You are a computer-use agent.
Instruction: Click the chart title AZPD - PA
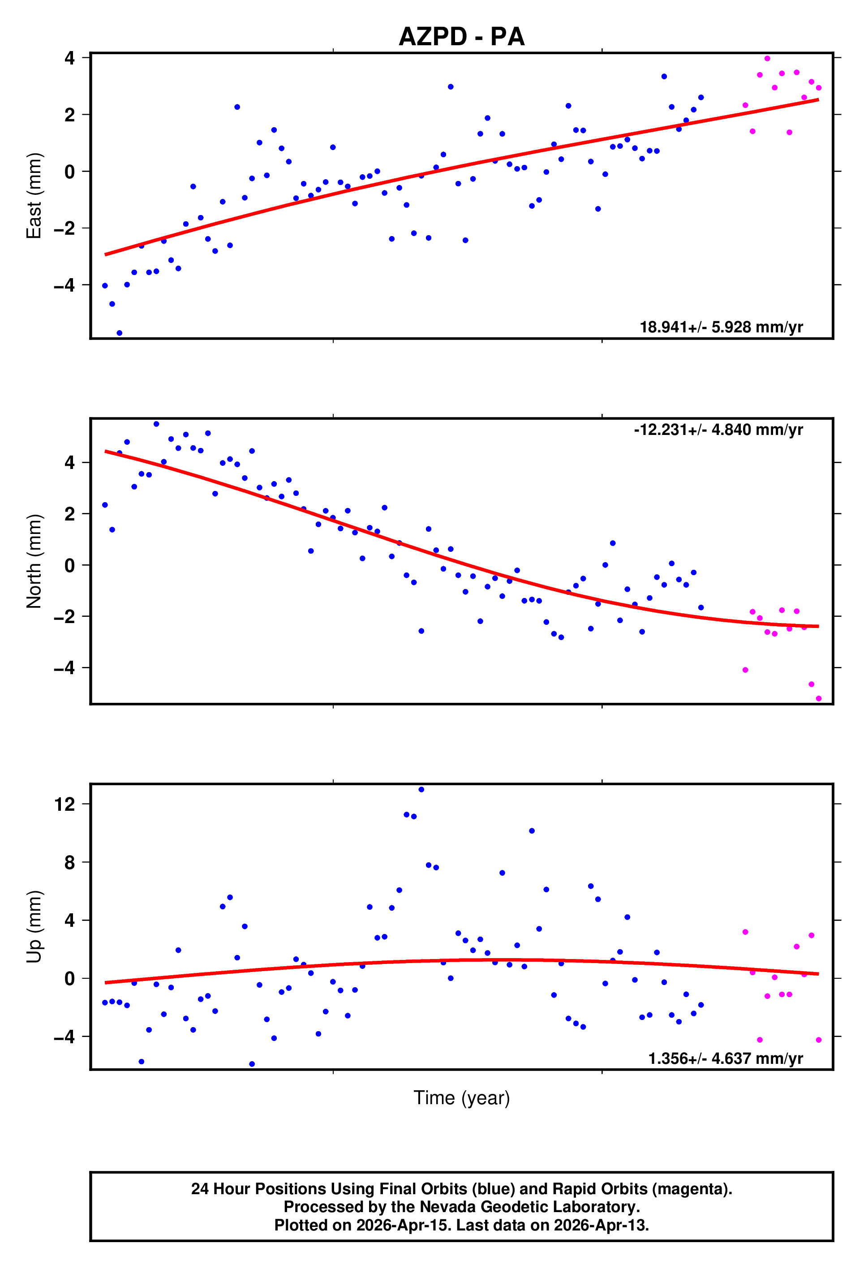(x=461, y=37)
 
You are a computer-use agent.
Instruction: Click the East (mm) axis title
(x=34, y=195)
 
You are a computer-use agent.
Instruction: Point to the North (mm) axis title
(x=34, y=561)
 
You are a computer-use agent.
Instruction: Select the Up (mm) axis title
(x=34, y=927)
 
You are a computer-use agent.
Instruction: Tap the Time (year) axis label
(x=461, y=1097)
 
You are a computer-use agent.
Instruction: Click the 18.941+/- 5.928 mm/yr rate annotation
(x=721, y=327)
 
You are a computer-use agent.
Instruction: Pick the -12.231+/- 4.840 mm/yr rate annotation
(x=718, y=430)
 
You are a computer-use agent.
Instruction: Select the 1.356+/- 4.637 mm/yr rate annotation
(x=725, y=1058)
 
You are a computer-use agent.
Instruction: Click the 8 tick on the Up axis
(x=69, y=863)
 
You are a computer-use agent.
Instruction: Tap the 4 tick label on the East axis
(x=69, y=58)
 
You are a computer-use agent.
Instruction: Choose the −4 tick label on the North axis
(x=64, y=668)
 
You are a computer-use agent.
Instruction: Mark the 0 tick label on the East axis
(x=69, y=172)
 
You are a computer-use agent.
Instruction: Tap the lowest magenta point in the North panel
(x=818, y=698)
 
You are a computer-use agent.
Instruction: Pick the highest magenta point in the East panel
(x=767, y=58)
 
